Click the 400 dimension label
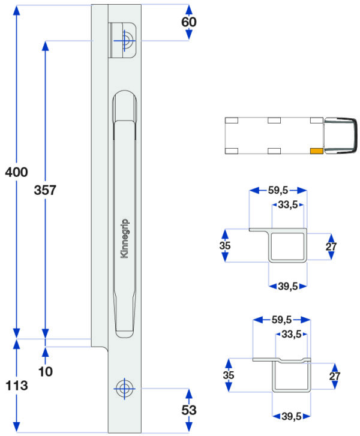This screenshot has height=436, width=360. point(16,172)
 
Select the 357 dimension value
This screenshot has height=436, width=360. point(45,190)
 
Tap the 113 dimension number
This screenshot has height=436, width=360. point(17,386)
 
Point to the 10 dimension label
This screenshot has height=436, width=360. point(46,371)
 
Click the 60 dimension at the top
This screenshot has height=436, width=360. point(189,22)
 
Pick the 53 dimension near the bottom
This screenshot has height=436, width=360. point(189,410)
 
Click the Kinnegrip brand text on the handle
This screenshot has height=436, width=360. point(124,239)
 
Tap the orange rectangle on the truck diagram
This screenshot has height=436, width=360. point(317,151)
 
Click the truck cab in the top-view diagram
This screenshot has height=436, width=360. point(340,136)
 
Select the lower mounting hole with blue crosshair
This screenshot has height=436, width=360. point(124,389)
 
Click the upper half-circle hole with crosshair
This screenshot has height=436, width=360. point(124,41)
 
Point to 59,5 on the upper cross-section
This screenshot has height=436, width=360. point(278,191)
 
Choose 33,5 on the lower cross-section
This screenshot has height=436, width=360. point(291,334)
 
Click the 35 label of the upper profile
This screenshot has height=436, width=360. point(225,245)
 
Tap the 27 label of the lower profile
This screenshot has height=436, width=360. point(335,376)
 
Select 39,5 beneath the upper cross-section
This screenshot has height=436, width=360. point(288,286)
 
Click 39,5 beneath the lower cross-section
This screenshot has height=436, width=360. point(291,416)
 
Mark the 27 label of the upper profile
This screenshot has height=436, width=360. point(331,246)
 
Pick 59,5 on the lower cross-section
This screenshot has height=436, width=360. point(281,320)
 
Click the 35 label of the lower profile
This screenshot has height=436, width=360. point(229,375)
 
